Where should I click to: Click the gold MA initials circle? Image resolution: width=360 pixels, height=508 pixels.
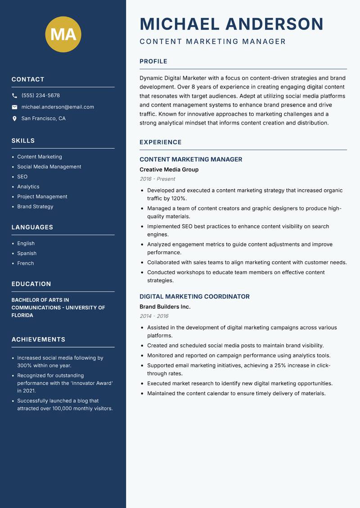coord(63,34)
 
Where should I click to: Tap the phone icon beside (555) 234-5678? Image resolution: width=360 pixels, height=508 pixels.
coord(14,96)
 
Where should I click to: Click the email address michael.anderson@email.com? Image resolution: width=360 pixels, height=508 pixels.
coord(58,107)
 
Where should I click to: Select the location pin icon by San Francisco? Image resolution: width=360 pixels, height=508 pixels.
coord(14,119)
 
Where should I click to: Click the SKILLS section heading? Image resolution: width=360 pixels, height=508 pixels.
coord(23,141)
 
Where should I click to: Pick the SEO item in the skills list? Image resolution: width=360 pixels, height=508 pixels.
coord(22,177)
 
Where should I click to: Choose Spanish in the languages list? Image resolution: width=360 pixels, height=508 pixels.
coord(27,254)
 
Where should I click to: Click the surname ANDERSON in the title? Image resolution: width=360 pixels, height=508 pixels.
coord(274,24)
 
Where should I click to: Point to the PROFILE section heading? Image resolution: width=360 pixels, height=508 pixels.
coord(153,62)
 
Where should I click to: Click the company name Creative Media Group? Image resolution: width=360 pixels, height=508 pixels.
coord(169,169)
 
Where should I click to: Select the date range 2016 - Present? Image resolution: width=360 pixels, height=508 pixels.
coord(157,179)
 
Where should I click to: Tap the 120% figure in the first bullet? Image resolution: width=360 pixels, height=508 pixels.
coord(179,198)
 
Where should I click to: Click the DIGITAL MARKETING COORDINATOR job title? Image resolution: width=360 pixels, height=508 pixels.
coord(194,297)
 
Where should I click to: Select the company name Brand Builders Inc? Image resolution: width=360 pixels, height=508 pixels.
coord(165,307)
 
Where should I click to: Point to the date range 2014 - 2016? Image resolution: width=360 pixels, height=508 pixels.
coord(154,316)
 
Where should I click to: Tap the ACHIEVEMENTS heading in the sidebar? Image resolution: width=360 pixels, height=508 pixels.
coord(38,339)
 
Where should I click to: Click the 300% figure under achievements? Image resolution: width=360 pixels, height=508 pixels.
coord(24,366)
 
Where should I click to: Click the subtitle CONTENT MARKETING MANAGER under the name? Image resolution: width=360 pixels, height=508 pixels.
coord(212,42)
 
